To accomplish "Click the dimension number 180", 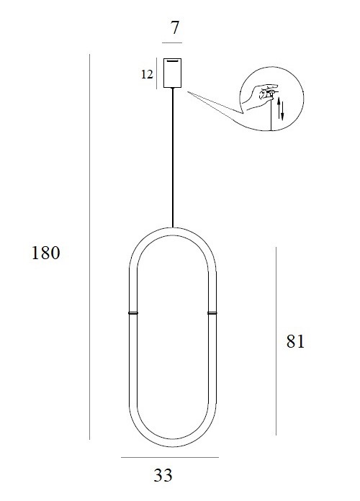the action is (45, 253).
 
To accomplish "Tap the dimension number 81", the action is (295, 341).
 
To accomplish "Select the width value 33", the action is (163, 475).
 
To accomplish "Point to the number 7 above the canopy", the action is (174, 31).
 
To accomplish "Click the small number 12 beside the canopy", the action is (148, 73).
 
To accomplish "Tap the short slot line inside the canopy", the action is (173, 61).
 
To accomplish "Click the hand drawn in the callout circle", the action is (259, 96).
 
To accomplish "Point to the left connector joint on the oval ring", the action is (132, 314).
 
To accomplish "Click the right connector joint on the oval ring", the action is (212, 314).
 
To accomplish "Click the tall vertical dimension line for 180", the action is (90, 245).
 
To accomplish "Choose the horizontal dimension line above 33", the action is (170, 457).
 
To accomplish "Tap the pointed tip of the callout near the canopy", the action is (190, 91).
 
